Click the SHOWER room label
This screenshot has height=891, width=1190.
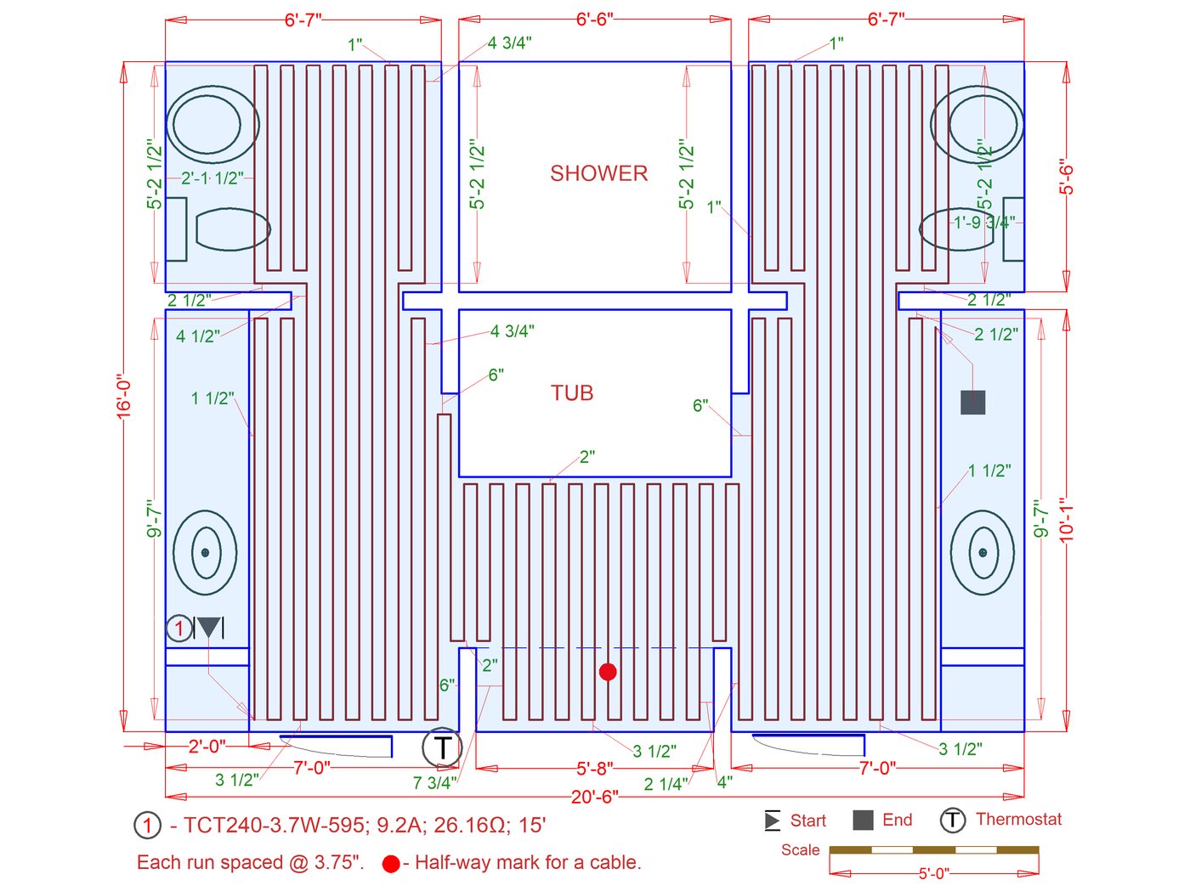point(598,173)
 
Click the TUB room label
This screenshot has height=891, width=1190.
point(572,392)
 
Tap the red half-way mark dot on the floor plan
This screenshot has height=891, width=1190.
point(608,672)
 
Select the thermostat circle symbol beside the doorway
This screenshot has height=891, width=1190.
point(442,747)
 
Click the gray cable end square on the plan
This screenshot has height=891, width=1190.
point(972,402)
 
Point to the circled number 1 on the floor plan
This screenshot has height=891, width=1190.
point(178,629)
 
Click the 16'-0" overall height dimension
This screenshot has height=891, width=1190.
point(125,396)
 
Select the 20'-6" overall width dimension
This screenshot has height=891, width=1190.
point(594,797)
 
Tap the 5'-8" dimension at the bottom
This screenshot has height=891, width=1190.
point(594,769)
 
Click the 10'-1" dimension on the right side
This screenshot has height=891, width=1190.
point(1067,519)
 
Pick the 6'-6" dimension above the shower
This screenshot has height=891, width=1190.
point(594,19)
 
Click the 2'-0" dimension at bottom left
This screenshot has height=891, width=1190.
point(207,746)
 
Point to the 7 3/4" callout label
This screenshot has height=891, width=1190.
point(434,782)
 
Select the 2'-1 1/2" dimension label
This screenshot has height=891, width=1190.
point(212,178)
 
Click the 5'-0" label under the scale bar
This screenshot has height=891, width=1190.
point(933,873)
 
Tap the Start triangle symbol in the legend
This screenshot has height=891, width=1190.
point(772,821)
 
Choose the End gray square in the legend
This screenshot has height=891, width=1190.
point(863,820)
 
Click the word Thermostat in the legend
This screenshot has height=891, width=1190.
point(1018,819)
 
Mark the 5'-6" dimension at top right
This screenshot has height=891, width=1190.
point(1067,177)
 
